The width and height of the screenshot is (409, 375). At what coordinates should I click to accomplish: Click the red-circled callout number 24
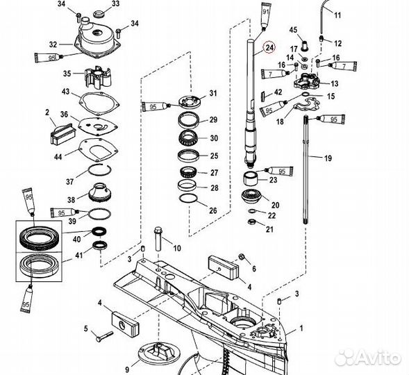pos(269,47)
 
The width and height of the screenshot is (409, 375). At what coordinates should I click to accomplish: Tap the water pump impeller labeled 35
pos(99,76)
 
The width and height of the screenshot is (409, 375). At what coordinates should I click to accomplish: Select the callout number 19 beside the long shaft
pos(328,158)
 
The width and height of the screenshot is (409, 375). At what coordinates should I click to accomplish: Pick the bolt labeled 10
pos(158,239)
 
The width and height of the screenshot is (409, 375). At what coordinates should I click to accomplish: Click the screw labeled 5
pos(104,336)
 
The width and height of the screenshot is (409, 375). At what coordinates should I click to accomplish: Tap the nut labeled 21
pos(251,222)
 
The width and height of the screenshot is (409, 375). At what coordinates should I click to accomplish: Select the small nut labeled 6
pos(241,257)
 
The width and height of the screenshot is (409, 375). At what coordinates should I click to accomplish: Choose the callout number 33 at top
pos(115,3)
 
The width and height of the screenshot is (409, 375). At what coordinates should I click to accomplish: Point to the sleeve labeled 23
pos(250,178)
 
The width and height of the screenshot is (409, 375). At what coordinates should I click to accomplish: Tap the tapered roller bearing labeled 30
pos(188,138)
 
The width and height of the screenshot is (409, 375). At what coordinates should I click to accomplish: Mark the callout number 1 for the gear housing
pos(301,328)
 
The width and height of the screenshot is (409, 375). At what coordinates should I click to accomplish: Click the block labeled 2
pos(63,134)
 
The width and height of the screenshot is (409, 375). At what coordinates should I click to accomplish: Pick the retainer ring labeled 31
pos(190,101)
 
